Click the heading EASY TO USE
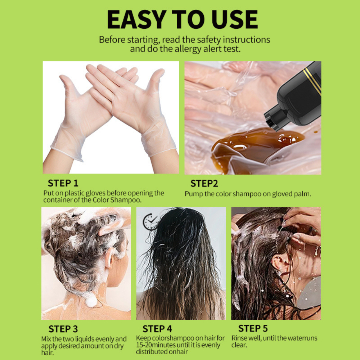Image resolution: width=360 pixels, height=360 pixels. [x=182, y=19]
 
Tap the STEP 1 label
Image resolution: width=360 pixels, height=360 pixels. [x=63, y=183]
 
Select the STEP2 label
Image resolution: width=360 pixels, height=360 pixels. [x=204, y=184]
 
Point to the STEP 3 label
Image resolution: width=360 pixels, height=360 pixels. [x=63, y=329]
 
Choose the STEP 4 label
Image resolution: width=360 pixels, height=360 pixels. [x=157, y=329]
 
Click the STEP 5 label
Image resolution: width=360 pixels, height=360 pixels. [x=253, y=328]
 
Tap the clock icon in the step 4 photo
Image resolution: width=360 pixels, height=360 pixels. [x=150, y=221]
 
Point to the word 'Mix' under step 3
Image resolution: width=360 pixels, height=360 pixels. [x=46, y=339]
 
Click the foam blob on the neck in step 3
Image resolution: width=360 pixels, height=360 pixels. [x=91, y=300]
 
